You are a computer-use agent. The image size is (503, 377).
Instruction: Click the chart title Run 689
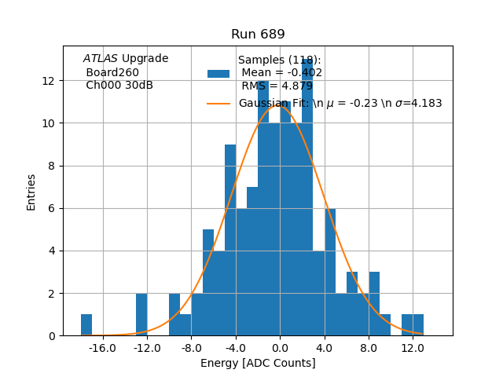tap(258, 35)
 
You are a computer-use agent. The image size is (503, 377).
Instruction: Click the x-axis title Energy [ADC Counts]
tap(258, 363)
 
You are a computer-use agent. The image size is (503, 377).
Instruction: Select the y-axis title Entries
tap(31, 191)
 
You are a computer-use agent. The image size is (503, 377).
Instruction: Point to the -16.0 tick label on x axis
tap(102, 348)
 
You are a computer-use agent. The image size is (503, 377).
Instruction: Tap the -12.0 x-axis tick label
tap(147, 348)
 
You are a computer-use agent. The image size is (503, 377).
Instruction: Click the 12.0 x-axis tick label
tap(413, 348)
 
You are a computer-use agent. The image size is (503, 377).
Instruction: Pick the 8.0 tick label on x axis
tap(369, 348)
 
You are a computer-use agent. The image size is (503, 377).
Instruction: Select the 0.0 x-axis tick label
tap(281, 348)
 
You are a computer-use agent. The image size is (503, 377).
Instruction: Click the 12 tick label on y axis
tap(48, 81)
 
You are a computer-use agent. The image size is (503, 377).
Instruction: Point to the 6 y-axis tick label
tap(51, 208)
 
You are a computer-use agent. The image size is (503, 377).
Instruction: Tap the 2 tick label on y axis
tap(51, 293)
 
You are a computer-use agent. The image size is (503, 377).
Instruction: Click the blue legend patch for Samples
tap(218, 74)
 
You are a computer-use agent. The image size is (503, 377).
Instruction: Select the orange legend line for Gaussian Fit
tap(218, 103)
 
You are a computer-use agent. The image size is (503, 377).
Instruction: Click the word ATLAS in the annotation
tap(101, 58)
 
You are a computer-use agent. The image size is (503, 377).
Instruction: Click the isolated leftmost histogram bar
tap(86, 325)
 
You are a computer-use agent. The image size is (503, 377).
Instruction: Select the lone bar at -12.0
tap(141, 314)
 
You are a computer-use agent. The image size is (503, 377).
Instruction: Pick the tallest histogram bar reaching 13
tap(307, 196)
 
